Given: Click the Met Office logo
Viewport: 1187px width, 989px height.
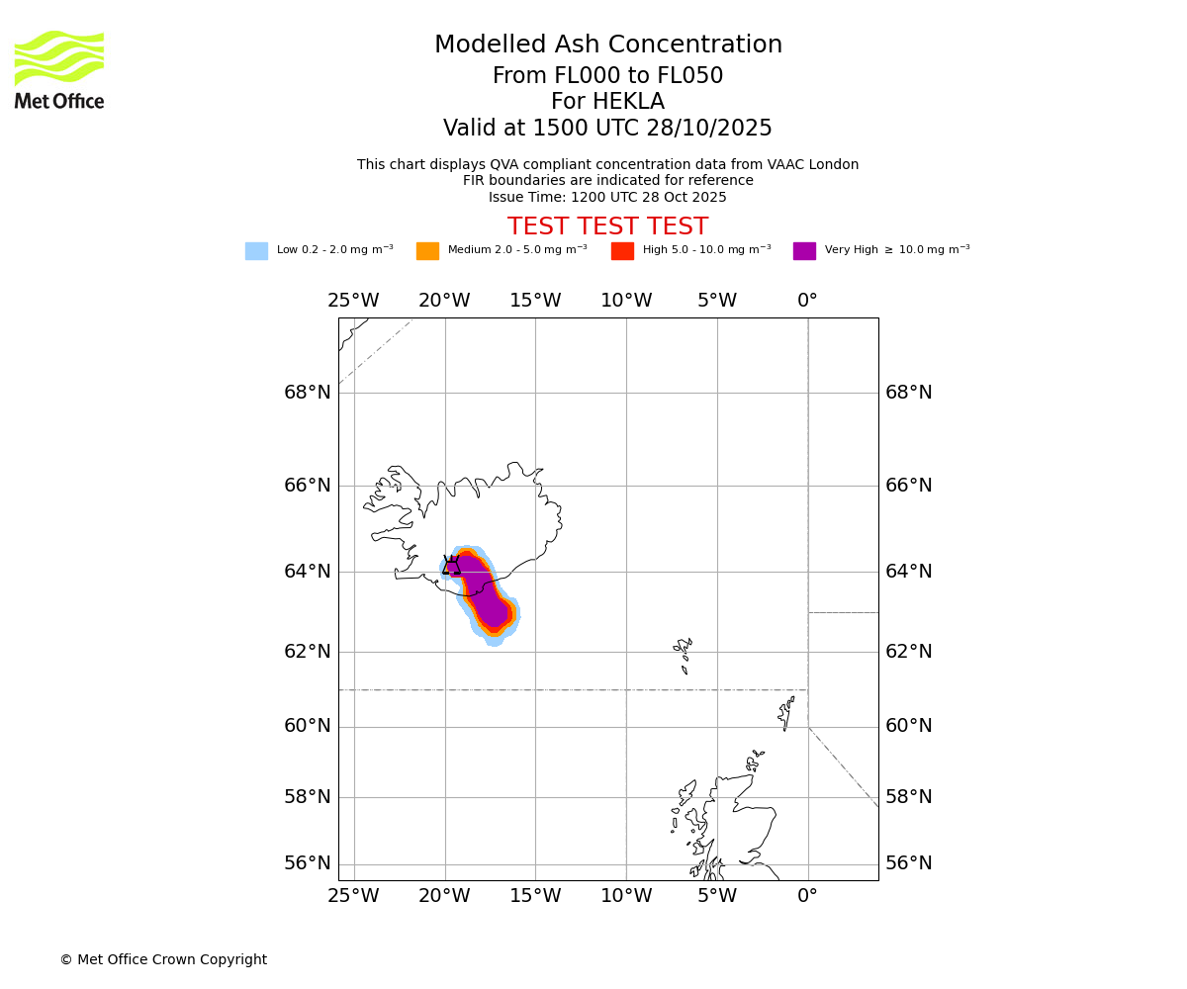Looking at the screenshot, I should [x=59, y=69].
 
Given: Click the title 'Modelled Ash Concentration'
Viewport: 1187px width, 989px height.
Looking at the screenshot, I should [x=608, y=45].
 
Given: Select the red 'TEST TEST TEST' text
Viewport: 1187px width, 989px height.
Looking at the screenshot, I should [x=607, y=227].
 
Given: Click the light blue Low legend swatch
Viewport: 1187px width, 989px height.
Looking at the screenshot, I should [x=256, y=251].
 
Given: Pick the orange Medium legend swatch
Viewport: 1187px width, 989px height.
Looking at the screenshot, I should [x=427, y=251].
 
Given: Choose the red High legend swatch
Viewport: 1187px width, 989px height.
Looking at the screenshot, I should [x=622, y=251].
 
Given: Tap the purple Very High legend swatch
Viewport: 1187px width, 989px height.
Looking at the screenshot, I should [x=804, y=251].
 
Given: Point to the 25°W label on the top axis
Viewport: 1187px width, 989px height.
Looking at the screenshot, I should [x=353, y=301].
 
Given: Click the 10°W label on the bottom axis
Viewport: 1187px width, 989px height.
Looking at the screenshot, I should [x=626, y=897].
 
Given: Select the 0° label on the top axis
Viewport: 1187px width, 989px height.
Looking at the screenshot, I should [x=807, y=301].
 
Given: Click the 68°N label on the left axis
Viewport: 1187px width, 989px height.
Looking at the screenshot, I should [x=308, y=393].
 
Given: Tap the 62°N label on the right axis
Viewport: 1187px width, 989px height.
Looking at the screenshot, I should [x=908, y=652].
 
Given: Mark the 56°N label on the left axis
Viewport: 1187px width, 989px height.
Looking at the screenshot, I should [x=308, y=863].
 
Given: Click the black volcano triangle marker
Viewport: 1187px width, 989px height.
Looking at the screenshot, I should [x=451, y=567].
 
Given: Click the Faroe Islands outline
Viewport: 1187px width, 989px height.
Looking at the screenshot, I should [x=684, y=653].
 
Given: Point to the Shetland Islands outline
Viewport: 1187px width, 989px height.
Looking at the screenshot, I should [x=787, y=711].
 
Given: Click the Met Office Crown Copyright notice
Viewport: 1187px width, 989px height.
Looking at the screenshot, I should [x=163, y=960].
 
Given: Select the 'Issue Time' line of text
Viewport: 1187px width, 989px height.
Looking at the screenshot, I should [x=607, y=198].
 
